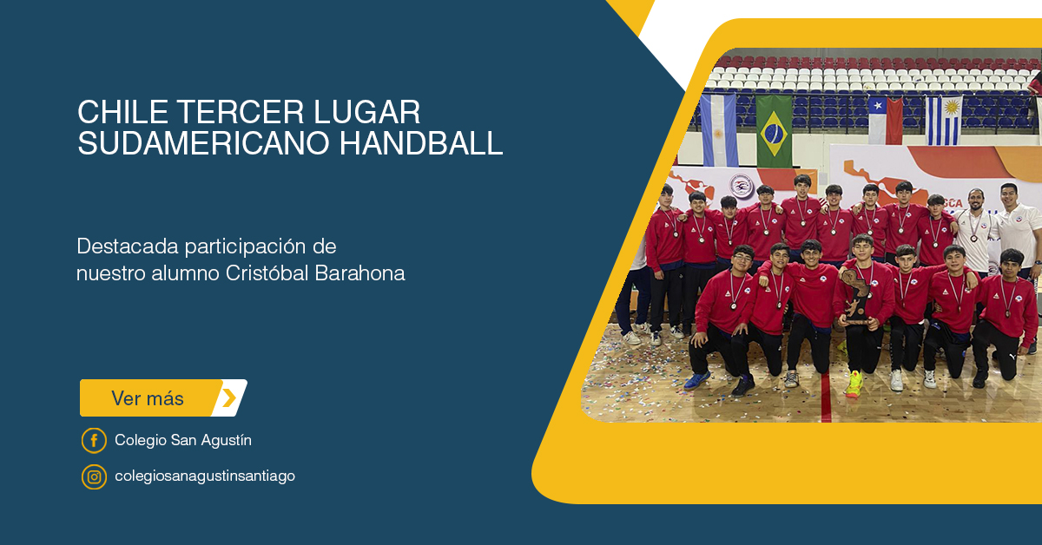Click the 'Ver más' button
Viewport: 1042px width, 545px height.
163,398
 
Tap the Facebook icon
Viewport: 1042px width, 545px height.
94,440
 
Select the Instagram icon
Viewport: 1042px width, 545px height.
94,476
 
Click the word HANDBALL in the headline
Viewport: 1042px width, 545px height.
421,143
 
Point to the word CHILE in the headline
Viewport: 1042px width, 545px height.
122,112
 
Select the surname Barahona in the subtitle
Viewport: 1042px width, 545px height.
359,273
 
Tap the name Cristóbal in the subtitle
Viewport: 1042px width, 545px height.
267,273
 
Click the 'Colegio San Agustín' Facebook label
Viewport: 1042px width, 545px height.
183,440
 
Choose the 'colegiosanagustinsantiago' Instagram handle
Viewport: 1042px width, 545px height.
205,476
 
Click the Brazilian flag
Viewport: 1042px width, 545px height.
774,131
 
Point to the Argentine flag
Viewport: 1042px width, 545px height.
719,130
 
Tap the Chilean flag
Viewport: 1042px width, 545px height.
885,121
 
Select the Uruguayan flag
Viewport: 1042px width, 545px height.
943,121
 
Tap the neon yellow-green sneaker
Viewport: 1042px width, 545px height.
854,384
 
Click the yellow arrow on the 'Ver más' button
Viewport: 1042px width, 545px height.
229,398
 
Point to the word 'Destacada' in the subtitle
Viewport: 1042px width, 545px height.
128,246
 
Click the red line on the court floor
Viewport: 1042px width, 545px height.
826,397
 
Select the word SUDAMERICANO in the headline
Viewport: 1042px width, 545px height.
204,143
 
